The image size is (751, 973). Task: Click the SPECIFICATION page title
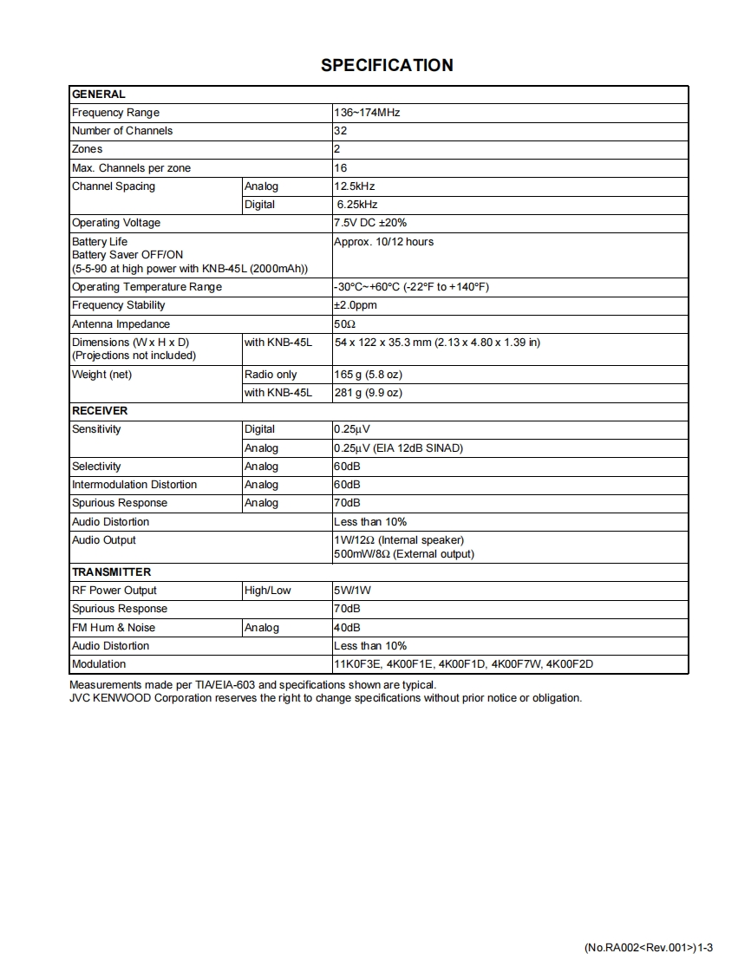point(387,65)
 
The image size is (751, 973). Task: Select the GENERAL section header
point(98,94)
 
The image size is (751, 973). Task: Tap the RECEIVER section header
point(100,411)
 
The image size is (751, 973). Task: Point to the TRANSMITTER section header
point(111,572)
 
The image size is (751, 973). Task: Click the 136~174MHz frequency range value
point(367,113)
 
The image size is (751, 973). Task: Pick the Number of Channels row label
point(122,131)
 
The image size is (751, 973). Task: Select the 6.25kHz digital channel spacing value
point(357,205)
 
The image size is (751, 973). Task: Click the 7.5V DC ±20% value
point(370,223)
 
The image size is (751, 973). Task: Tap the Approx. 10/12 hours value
point(383,242)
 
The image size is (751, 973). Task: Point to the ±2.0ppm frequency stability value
point(356,305)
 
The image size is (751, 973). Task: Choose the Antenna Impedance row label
point(121,324)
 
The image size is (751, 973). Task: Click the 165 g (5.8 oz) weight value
point(368,375)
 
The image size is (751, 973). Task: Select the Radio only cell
point(271,375)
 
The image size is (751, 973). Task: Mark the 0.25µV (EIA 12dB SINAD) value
point(398,448)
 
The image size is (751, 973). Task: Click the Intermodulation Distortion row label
point(134,485)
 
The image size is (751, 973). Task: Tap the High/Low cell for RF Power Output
point(268,591)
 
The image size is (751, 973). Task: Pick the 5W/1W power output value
point(352,591)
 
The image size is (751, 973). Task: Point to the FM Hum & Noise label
point(114,628)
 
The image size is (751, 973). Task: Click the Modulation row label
point(99,664)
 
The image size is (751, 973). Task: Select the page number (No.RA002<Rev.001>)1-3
point(649,948)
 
